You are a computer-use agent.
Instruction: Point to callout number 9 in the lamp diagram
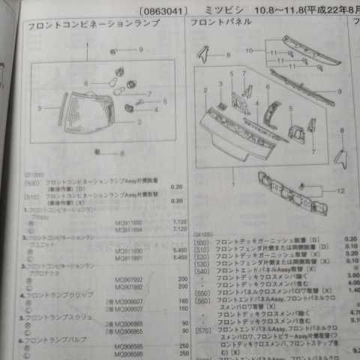tap(139, 49)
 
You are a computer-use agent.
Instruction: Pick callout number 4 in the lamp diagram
tap(156, 109)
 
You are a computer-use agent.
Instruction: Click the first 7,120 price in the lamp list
tap(179, 222)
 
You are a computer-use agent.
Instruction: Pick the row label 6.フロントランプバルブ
tap(53, 340)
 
